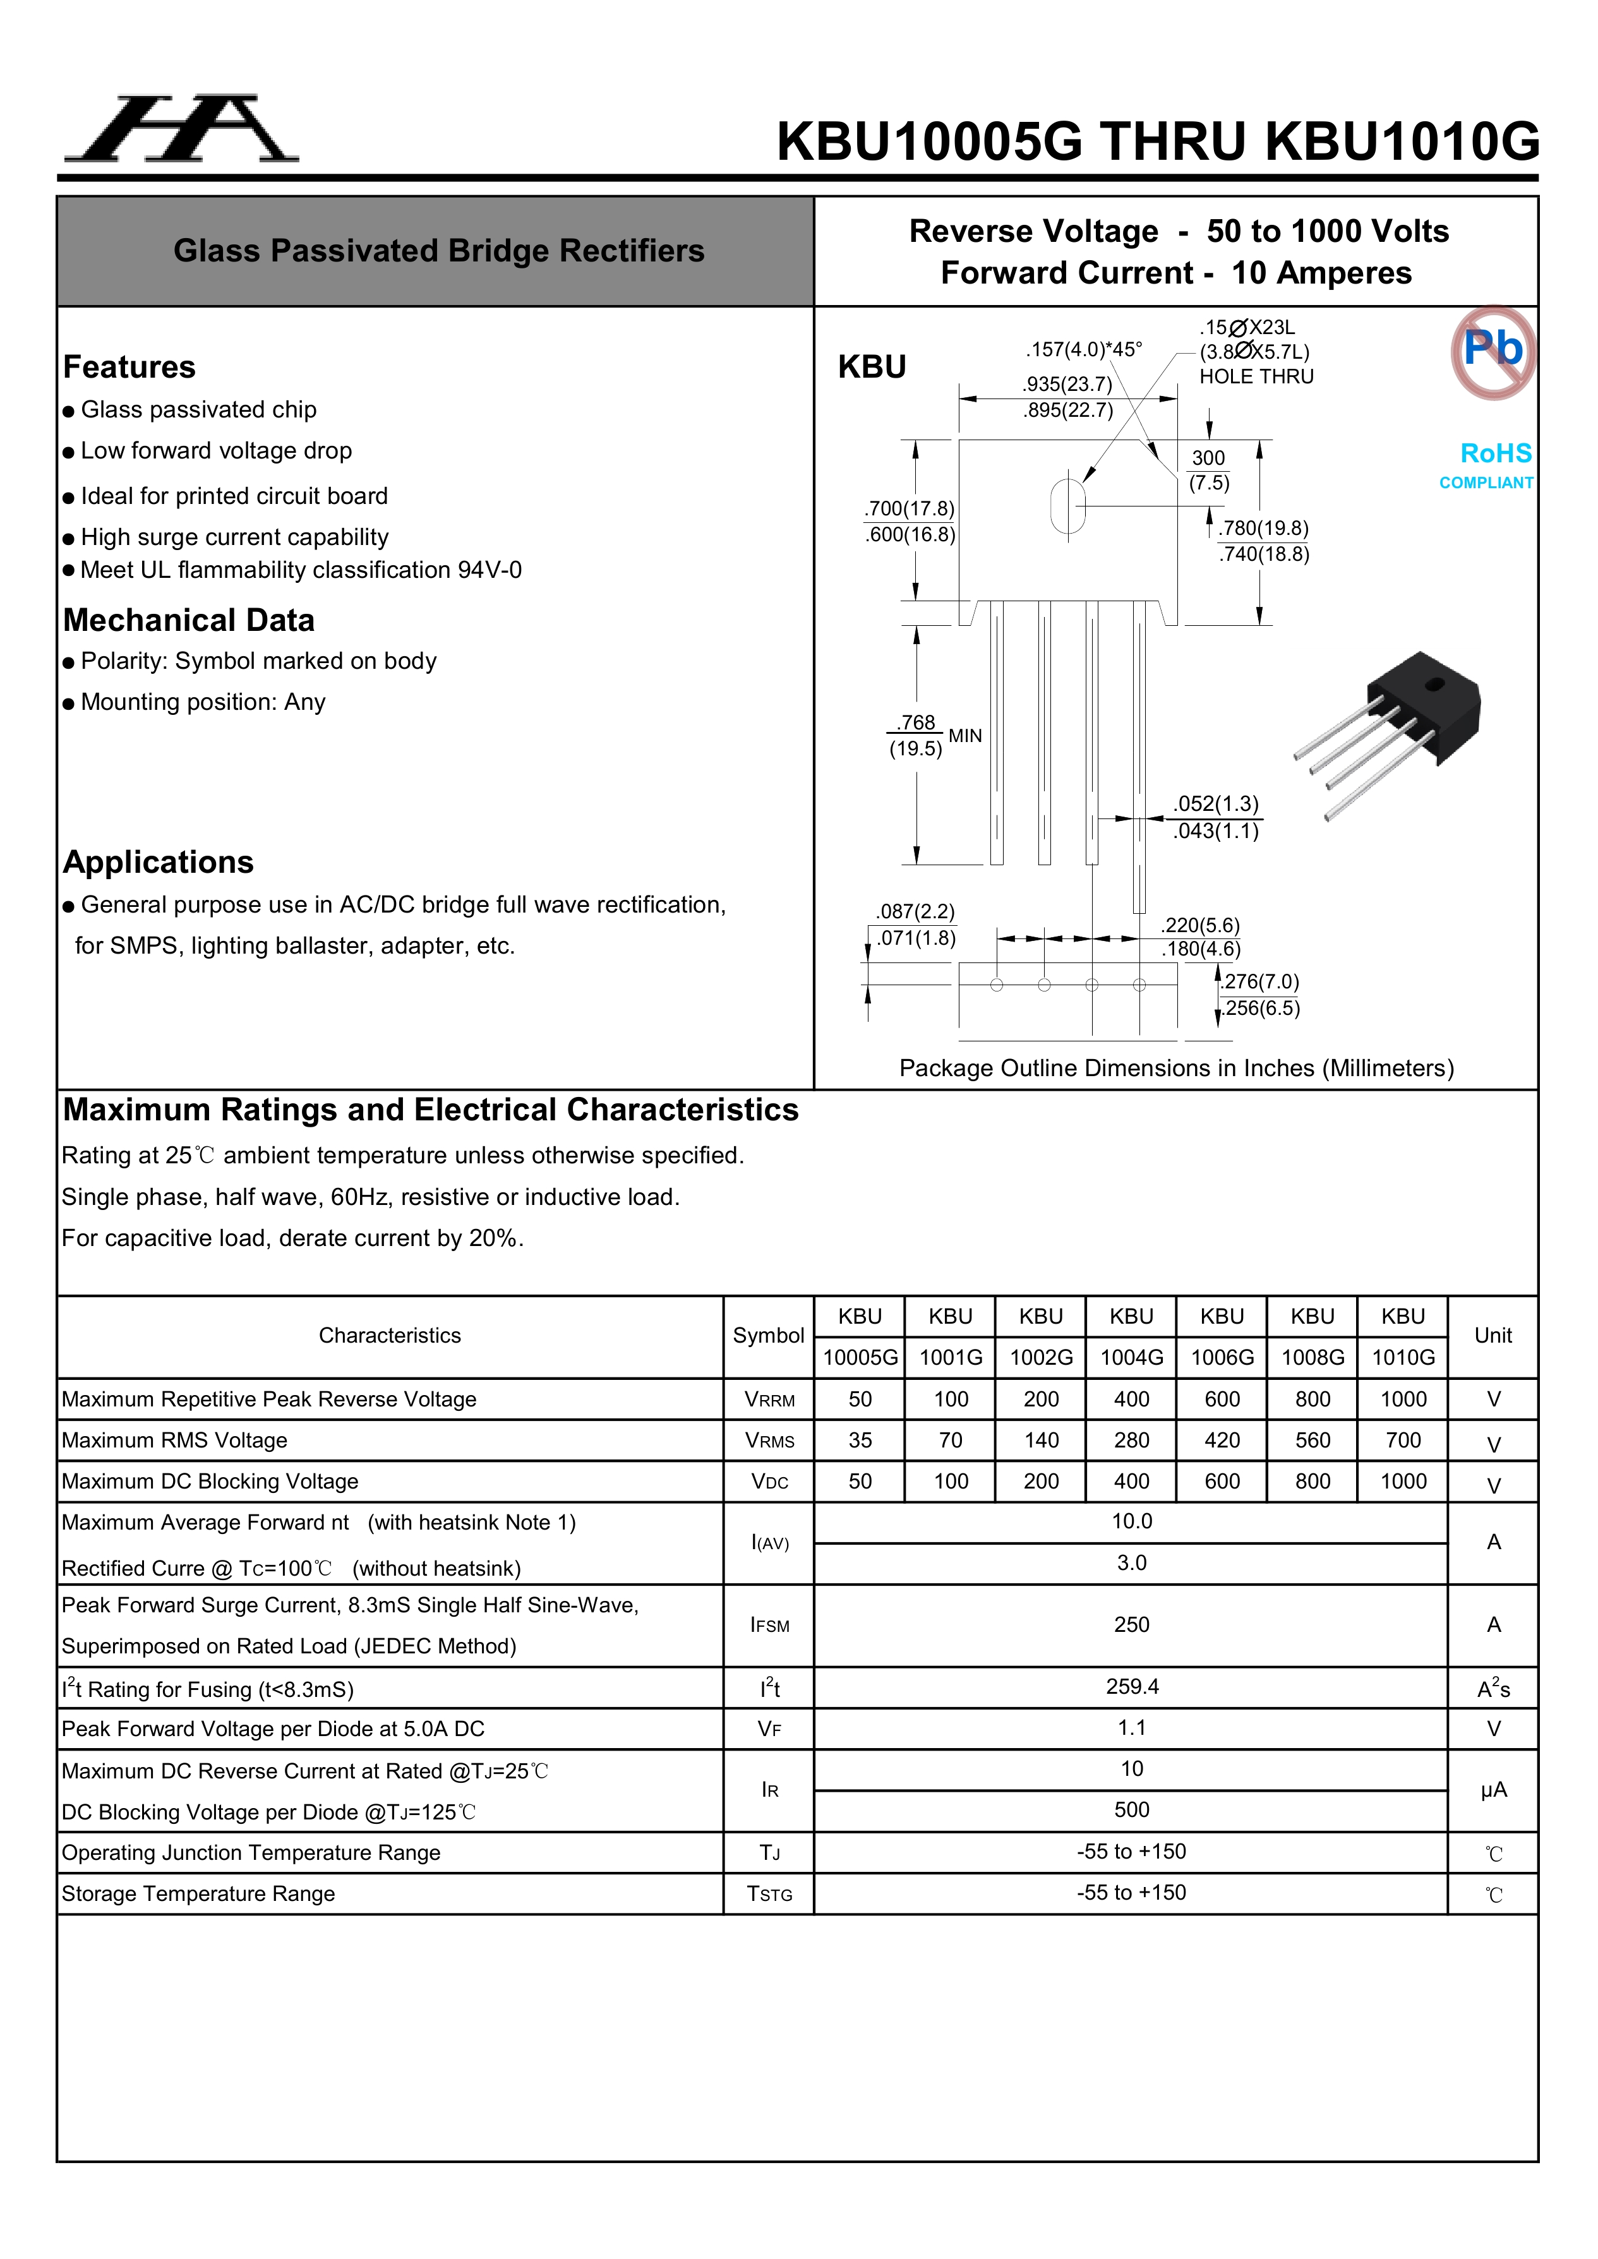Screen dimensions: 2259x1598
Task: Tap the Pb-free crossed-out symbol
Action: [1493, 351]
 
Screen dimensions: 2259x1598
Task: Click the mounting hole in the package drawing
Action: [1067, 506]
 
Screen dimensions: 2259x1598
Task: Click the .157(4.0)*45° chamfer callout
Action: [1083, 349]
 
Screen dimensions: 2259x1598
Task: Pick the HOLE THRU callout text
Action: [1256, 377]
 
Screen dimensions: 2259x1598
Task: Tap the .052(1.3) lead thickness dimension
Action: [1215, 805]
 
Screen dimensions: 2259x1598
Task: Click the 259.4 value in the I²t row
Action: [1132, 1686]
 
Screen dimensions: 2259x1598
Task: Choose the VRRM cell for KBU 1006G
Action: [1222, 1399]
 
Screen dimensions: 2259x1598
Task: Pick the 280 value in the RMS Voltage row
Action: [1132, 1441]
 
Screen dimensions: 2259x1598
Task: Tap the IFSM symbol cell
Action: [769, 1626]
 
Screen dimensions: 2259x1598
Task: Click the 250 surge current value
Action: [1132, 1626]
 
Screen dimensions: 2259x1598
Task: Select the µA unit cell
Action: [1493, 1790]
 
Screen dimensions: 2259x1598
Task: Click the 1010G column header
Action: [1403, 1358]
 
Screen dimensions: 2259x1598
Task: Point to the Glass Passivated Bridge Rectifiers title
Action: [439, 251]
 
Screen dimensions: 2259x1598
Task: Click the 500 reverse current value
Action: [1132, 1811]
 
